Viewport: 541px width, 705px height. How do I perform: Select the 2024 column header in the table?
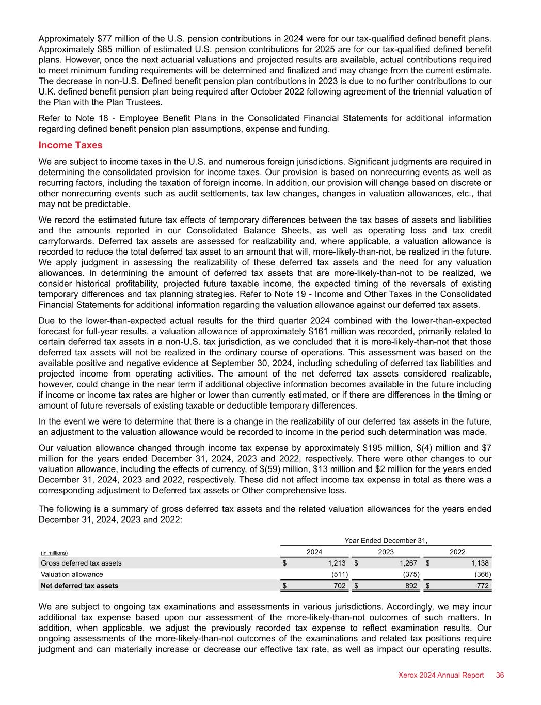click(x=315, y=552)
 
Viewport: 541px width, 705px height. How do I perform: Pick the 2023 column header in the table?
click(x=386, y=552)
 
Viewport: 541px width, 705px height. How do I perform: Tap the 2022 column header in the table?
click(x=458, y=552)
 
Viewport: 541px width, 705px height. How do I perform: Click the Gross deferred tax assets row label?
click(x=82, y=563)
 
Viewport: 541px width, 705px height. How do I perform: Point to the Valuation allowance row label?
click(x=72, y=574)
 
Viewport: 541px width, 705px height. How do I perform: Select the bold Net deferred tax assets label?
click(x=79, y=586)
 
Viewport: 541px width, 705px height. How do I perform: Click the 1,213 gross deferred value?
click(x=336, y=563)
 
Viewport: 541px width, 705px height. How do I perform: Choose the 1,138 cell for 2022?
click(x=479, y=563)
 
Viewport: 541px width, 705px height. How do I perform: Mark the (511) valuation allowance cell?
click(x=339, y=574)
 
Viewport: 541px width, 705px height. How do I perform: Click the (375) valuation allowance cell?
click(x=410, y=574)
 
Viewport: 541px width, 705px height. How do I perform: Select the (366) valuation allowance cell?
click(x=482, y=574)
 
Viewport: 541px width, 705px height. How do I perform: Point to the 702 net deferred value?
click(x=340, y=586)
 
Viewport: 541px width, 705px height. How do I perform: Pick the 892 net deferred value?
click(x=411, y=586)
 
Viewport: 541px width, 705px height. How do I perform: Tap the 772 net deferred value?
click(x=483, y=586)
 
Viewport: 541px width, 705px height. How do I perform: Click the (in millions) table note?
click(x=54, y=553)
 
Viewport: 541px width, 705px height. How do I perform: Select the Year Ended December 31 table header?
click(x=386, y=540)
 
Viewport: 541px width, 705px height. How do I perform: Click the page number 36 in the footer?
click(x=500, y=675)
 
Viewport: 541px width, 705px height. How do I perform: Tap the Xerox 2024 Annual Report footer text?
click(x=441, y=675)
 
